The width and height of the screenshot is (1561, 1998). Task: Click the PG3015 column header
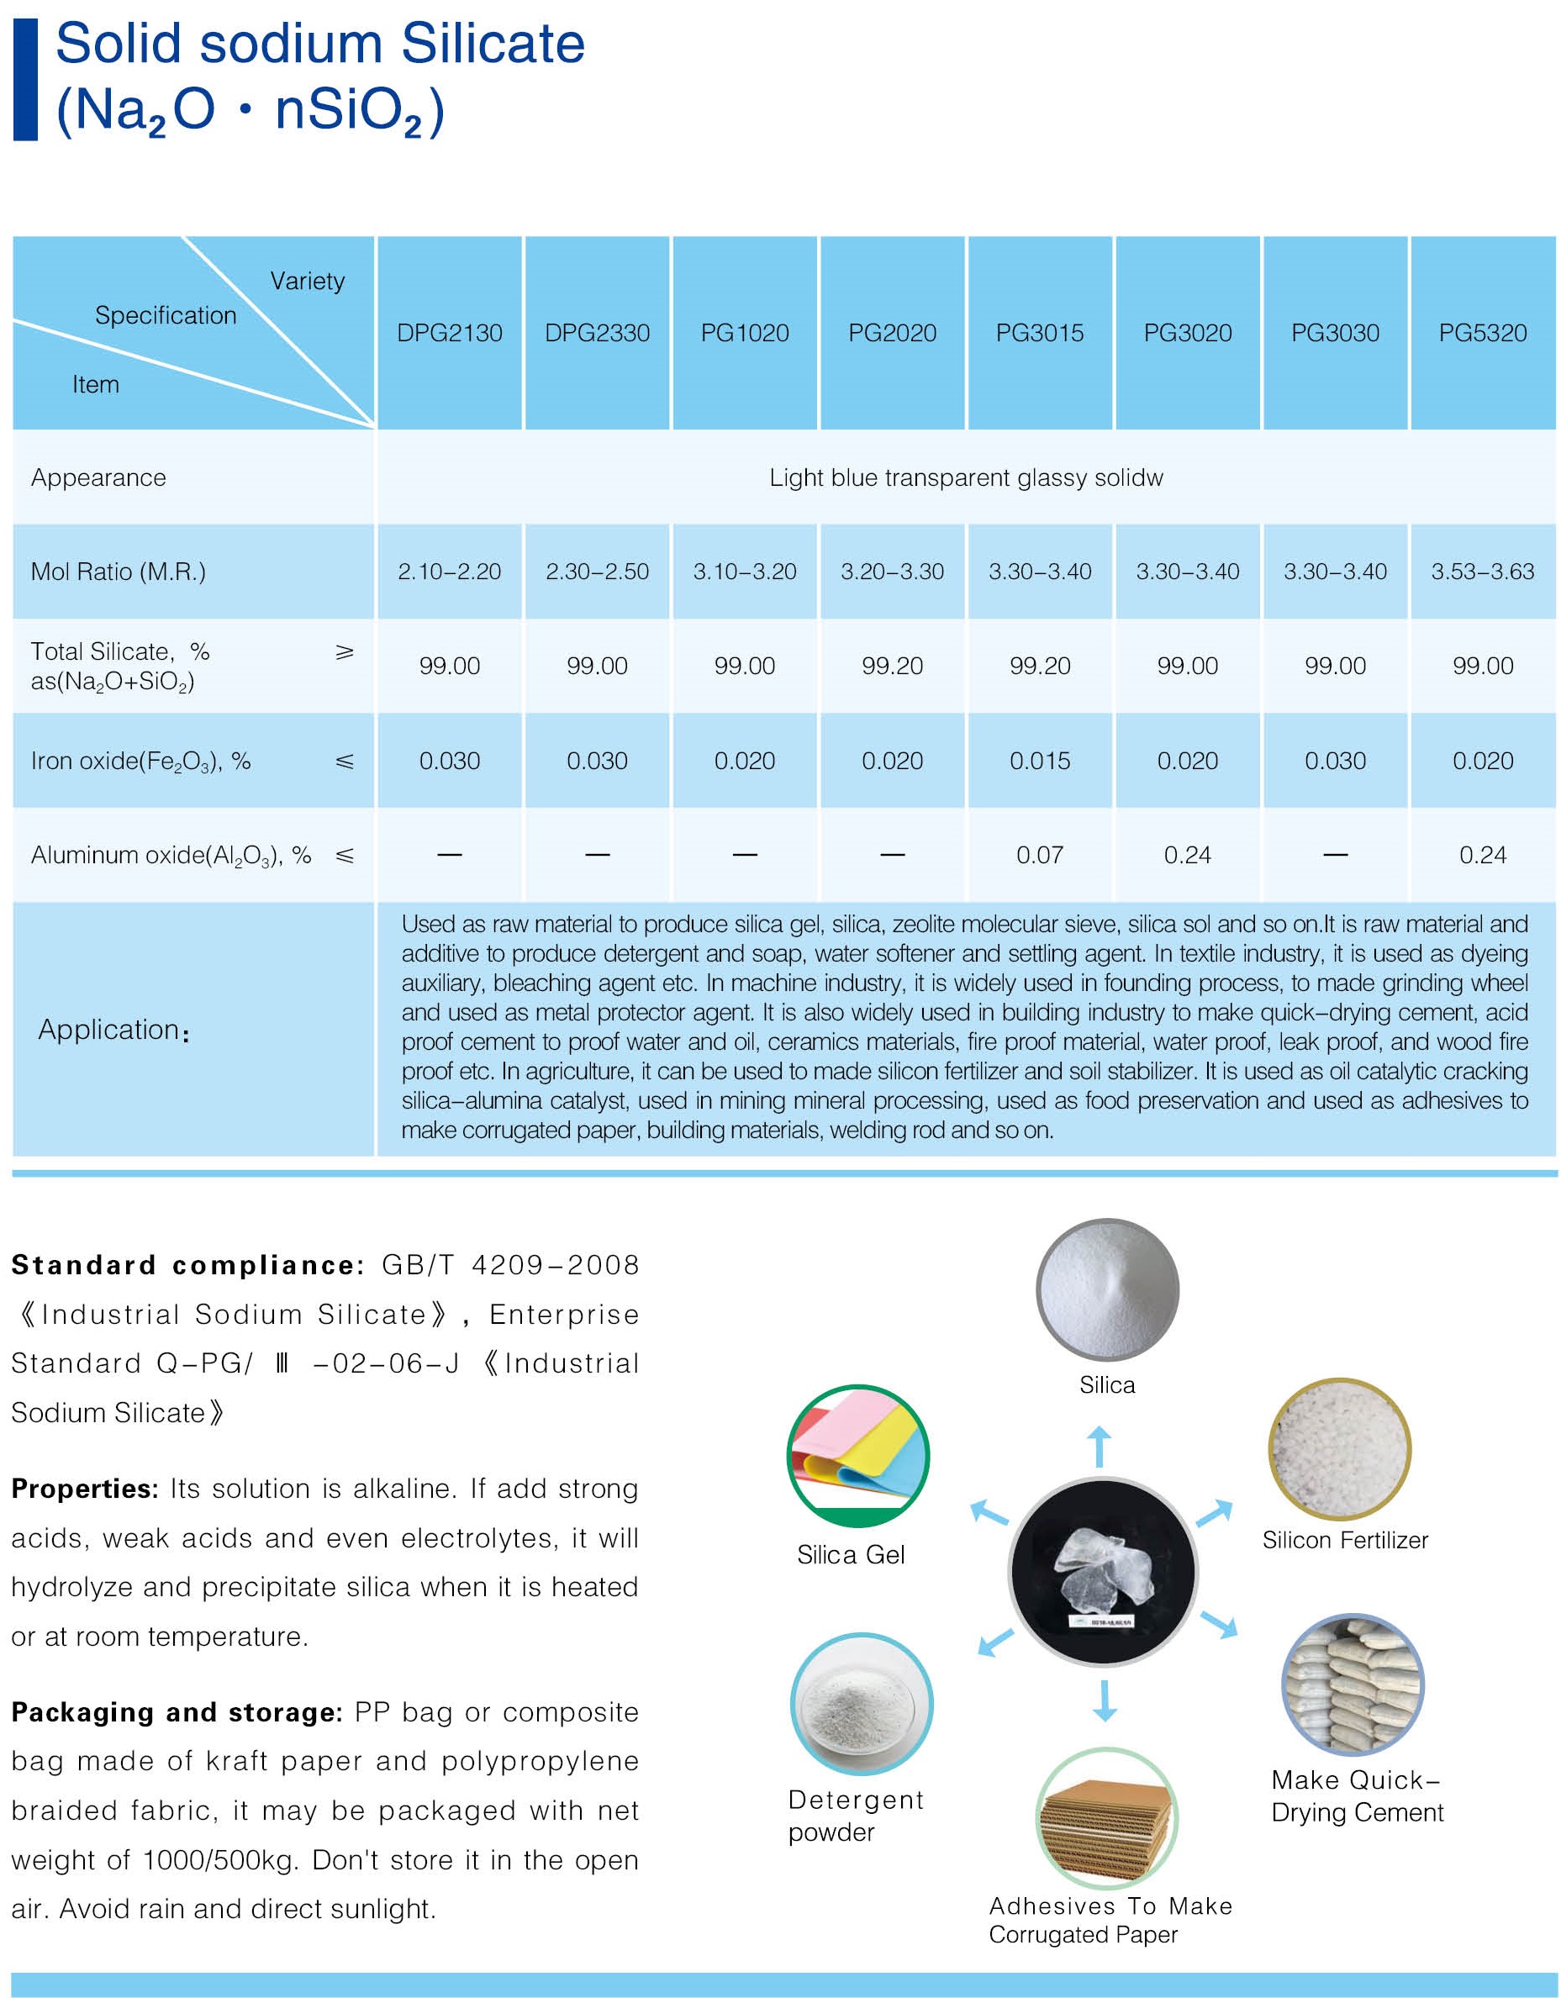click(x=1040, y=333)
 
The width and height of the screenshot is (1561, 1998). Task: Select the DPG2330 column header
click(x=597, y=333)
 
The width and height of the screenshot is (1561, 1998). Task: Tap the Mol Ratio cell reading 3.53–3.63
click(x=1482, y=572)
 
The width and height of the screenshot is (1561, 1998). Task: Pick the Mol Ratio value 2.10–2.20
click(x=449, y=572)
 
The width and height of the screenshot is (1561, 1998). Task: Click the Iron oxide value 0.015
click(x=1040, y=762)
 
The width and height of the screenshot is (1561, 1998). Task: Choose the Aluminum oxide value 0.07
click(x=1040, y=856)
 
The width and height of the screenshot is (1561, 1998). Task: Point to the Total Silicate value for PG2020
click(x=892, y=666)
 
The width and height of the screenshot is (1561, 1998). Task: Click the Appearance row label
click(x=99, y=477)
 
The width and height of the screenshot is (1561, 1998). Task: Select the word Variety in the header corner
click(x=308, y=281)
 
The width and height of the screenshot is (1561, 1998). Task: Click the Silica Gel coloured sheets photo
click(x=858, y=1456)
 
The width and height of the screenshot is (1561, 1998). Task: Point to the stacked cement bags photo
click(x=1353, y=1685)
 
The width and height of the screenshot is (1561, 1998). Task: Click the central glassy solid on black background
click(x=1103, y=1572)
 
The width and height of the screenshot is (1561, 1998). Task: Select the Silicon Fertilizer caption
click(x=1345, y=1541)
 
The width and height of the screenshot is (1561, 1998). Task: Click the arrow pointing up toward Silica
click(x=1099, y=1447)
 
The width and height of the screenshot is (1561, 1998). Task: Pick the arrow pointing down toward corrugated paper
click(x=1105, y=1700)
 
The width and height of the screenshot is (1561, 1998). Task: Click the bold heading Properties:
click(x=85, y=1489)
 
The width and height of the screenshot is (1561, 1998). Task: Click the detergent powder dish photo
click(x=861, y=1705)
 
